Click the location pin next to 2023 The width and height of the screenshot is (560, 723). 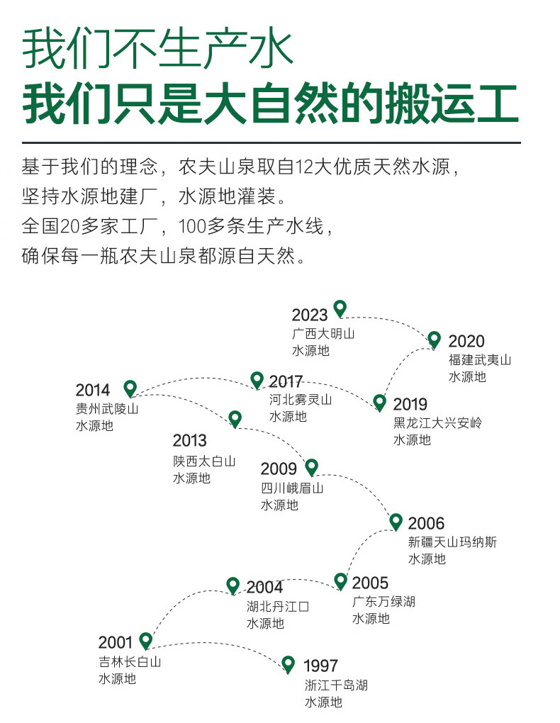[340, 308]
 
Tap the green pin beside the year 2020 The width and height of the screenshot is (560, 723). [434, 340]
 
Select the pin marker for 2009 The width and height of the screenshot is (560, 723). [312, 467]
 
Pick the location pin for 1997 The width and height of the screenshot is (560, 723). [289, 664]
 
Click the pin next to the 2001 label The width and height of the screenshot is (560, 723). [146, 641]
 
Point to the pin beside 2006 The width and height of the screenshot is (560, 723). [396, 522]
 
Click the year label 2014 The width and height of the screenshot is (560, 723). [93, 390]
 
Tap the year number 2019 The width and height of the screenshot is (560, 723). [410, 404]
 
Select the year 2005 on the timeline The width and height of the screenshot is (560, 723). [370, 583]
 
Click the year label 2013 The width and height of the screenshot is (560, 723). [189, 440]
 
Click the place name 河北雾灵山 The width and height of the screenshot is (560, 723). [301, 399]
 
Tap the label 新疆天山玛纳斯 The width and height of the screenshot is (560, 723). [452, 542]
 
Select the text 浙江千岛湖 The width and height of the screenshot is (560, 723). [336, 685]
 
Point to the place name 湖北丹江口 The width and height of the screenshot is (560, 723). [278, 606]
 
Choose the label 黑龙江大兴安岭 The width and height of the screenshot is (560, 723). [438, 422]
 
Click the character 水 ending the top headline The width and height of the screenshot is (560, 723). [271, 50]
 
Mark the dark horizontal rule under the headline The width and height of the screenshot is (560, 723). [271, 143]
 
